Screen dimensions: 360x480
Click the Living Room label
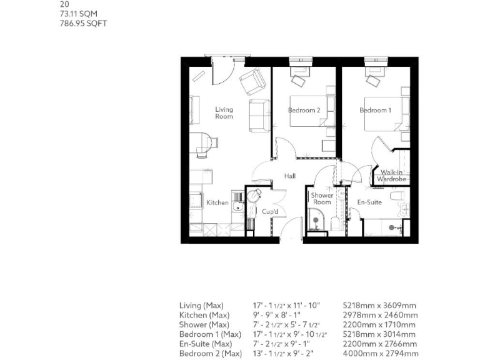coord(224,113)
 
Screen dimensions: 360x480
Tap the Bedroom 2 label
coord(304,111)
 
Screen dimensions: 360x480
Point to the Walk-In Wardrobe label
coord(392,176)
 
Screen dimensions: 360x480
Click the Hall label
coord(289,176)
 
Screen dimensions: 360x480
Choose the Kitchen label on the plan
coord(217,202)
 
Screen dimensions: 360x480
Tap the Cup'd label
coord(270,211)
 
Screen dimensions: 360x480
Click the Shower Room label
coord(322,199)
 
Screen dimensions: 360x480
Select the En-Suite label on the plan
coord(369,202)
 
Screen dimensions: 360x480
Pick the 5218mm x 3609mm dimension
coord(379,306)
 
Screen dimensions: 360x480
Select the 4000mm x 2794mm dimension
coord(379,354)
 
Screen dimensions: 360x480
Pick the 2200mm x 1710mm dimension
coord(379,325)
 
